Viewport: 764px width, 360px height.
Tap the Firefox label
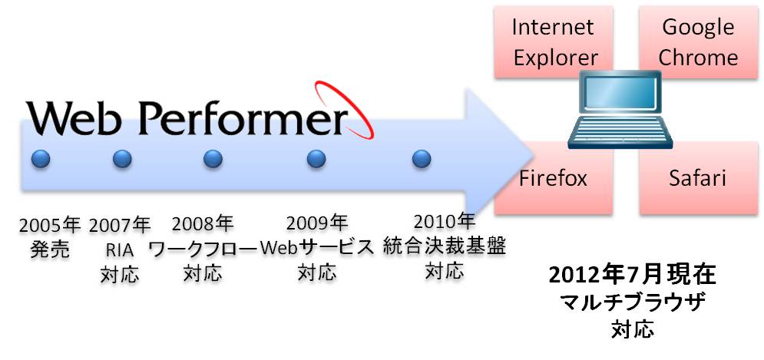click(553, 179)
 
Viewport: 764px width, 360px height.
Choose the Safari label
click(697, 179)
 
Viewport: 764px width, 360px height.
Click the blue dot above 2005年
click(41, 159)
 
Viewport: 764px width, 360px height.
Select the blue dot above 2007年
click(122, 159)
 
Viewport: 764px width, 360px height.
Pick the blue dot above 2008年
click(213, 159)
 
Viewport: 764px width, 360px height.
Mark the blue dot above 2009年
click(316, 159)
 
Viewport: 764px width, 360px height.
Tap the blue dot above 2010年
click(421, 159)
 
